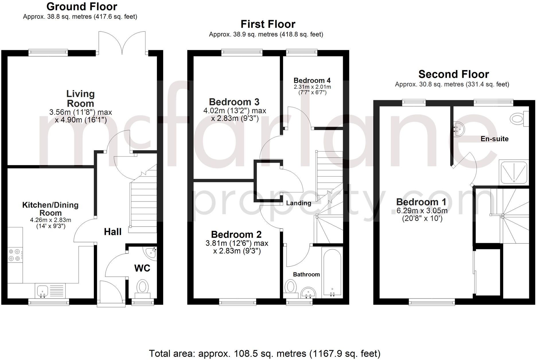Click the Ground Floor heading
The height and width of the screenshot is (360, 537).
point(82,7)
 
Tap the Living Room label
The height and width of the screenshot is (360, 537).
point(80,98)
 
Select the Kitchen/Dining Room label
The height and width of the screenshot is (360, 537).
point(50,209)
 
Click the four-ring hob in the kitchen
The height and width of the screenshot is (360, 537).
point(14,255)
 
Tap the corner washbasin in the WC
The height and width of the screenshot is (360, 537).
point(151,253)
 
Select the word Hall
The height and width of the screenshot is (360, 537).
point(112,232)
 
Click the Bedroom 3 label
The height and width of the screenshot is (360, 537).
point(234,102)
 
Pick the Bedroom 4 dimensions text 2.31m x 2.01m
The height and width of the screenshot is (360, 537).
point(312,87)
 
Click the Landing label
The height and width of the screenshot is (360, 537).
point(299,203)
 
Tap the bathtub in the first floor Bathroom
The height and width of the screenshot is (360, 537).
point(332,271)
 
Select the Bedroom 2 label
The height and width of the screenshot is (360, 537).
point(236,235)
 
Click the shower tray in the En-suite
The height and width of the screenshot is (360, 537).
point(514,172)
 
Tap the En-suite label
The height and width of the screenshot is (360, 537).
point(495,139)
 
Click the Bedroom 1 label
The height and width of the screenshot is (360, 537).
point(421,202)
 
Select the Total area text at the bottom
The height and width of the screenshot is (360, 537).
point(264,353)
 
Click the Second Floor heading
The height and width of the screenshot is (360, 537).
point(454,74)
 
